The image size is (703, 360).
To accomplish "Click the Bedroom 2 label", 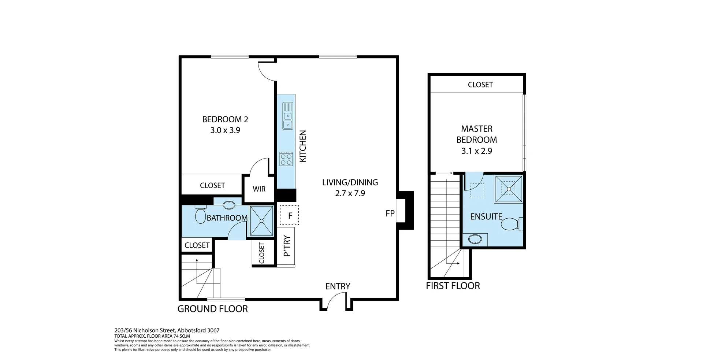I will [225, 119].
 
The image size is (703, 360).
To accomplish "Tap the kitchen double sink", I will [288, 116].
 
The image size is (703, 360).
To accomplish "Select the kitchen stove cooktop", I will [286, 159].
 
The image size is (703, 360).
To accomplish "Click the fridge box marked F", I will [290, 215].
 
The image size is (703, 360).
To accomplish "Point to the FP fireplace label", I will [390, 213].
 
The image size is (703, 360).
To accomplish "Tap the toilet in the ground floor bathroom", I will [200, 215].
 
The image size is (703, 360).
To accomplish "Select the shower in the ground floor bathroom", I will [261, 220].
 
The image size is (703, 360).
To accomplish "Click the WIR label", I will [259, 189].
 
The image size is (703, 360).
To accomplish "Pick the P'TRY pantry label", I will [287, 246].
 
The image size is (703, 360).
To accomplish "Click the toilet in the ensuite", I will [511, 224].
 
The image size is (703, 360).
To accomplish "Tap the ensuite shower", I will [508, 189].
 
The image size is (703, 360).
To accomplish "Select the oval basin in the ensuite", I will [475, 240].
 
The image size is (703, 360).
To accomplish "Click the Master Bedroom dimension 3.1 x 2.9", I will [476, 151].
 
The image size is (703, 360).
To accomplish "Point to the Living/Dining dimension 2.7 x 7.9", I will [350, 193].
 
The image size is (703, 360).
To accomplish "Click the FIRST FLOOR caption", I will [453, 286].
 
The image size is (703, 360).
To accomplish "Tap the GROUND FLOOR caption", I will [212, 309].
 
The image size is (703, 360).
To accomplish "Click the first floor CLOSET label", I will [480, 85].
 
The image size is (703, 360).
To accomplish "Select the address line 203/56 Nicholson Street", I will [167, 330].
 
